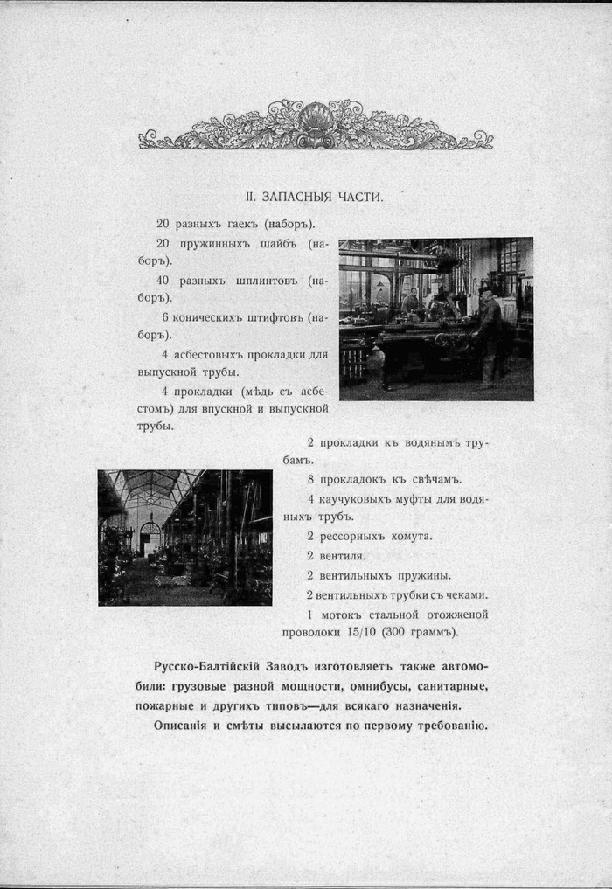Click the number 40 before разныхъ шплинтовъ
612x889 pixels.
pyautogui.click(x=163, y=281)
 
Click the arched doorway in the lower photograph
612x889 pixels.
pyautogui.click(x=150, y=538)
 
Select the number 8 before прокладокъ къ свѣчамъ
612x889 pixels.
pyautogui.click(x=310, y=479)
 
